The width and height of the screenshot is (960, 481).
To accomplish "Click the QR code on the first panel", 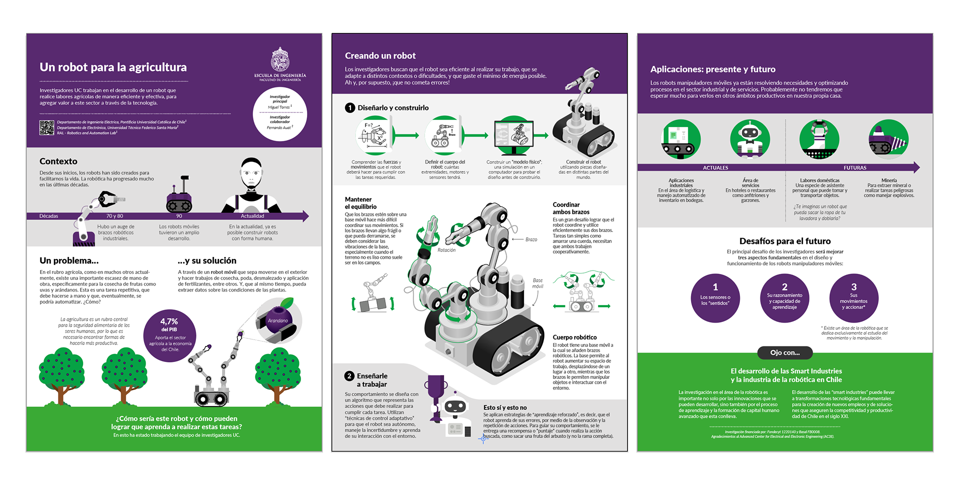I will (x=46, y=127).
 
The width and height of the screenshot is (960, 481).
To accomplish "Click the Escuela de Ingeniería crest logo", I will (x=280, y=59).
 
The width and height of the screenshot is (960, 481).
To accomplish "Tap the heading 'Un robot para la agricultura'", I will (x=113, y=67).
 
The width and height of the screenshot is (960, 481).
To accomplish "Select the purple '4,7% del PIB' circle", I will (x=169, y=335).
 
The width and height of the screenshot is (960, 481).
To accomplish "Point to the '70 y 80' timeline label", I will (x=114, y=216).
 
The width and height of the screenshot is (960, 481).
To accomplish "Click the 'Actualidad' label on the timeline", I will (x=252, y=216).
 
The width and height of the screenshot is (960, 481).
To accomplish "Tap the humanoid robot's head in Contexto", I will (x=251, y=173).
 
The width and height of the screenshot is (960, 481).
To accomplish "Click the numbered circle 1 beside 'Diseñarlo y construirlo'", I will (x=350, y=107).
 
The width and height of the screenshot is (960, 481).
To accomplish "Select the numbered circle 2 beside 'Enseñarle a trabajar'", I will (x=349, y=376).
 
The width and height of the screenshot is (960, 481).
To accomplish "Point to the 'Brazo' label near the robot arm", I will (x=531, y=239).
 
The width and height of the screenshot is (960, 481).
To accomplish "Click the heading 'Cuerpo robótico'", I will (x=574, y=337).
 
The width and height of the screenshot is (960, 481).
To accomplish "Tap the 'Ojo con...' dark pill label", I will (x=784, y=352).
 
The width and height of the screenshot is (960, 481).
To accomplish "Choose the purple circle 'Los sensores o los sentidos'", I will (x=715, y=297).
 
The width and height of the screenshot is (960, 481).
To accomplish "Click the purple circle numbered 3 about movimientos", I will (x=853, y=297).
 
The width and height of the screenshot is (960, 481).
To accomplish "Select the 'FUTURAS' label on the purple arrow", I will (x=854, y=168).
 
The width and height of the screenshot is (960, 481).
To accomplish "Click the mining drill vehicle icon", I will (x=888, y=140).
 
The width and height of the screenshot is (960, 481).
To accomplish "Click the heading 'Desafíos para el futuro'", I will (x=784, y=241).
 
